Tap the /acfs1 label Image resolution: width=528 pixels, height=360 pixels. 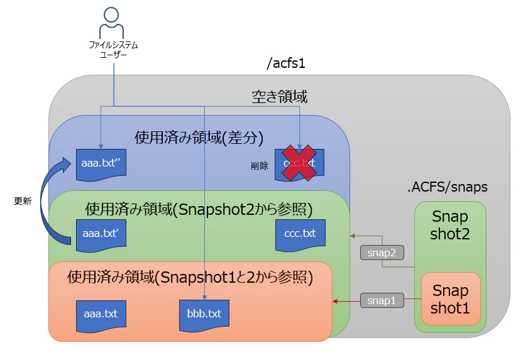pos(286,63)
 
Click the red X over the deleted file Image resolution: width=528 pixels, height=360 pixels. pos(299,163)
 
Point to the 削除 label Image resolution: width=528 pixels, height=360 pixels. pos(259,166)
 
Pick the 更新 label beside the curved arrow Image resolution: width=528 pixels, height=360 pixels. pos(23,201)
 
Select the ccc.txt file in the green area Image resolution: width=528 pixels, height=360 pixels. pos(300,233)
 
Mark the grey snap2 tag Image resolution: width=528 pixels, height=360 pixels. pos(382,253)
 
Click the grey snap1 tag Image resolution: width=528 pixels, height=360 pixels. pos(382,301)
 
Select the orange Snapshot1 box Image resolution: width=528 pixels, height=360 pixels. pos(450,299)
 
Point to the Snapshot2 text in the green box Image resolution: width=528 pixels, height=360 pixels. pos(450,225)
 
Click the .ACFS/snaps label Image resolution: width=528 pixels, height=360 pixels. pos(448,187)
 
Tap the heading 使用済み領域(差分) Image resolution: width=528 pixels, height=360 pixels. pos(199,137)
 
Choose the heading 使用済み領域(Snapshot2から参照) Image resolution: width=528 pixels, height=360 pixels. pos(199,208)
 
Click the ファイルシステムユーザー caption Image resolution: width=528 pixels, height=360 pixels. pos(113,50)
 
